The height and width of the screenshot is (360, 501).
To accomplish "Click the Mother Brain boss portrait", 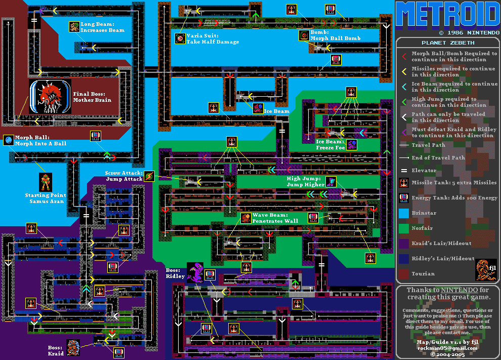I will (51, 96).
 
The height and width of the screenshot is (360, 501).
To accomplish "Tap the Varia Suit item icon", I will (180, 38).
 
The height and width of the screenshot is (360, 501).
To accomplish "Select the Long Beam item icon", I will (74, 27).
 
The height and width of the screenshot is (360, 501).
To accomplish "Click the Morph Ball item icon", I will (8, 140).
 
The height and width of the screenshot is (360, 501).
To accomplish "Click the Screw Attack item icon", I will (149, 176).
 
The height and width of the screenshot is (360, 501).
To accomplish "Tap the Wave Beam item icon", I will (245, 218).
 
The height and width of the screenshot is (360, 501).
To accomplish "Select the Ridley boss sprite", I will (195, 272).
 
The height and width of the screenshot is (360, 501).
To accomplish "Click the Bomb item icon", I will (304, 35).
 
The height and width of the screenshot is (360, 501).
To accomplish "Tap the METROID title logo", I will (447, 15).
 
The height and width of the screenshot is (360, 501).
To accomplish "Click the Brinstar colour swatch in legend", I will (403, 213).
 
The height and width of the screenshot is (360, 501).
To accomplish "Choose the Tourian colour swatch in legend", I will (403, 274).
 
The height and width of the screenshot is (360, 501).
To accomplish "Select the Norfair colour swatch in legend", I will (403, 228).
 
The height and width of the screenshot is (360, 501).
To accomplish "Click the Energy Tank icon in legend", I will (403, 198).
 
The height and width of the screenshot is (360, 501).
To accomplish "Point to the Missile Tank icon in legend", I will (403, 183).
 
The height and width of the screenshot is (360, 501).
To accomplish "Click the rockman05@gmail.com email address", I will (447, 348).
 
